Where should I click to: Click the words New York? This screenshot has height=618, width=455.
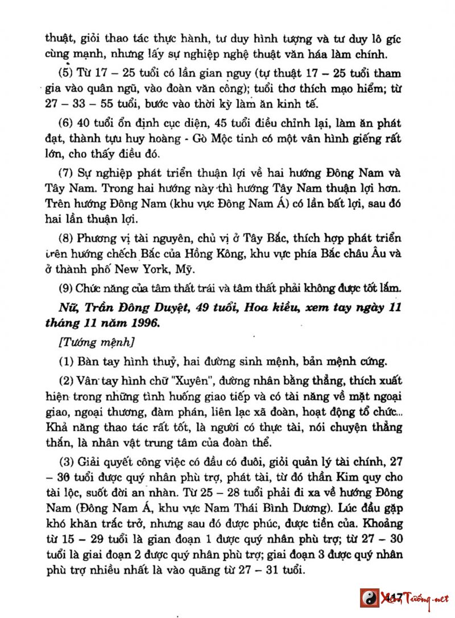click(146, 268)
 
